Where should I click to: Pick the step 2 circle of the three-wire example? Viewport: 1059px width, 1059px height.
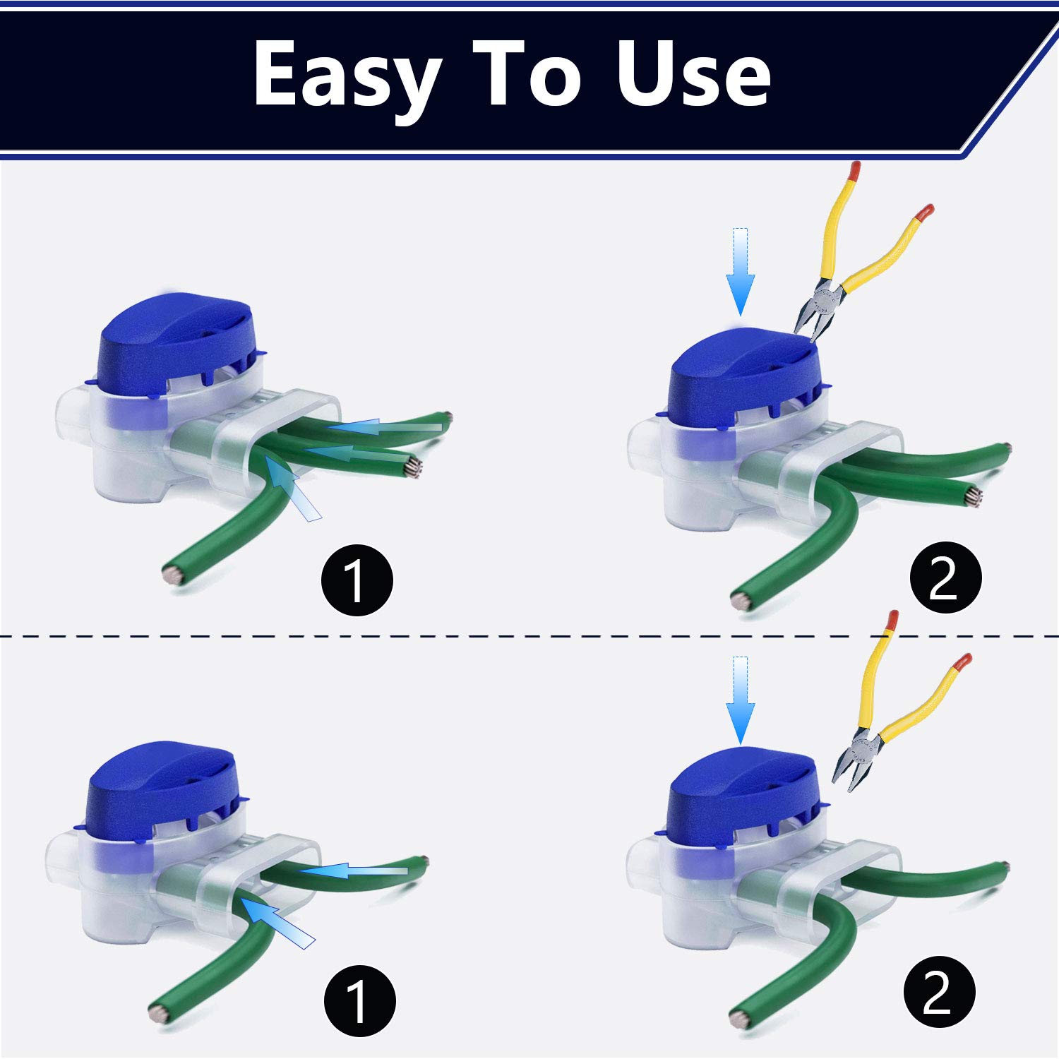[945, 578]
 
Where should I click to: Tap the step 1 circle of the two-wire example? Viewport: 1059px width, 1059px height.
[359, 1000]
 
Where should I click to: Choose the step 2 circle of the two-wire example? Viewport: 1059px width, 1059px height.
[939, 992]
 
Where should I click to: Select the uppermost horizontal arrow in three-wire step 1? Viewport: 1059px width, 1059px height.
[385, 426]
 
